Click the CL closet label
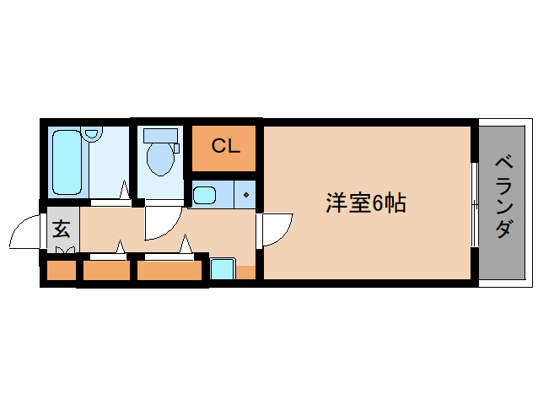pos(225,145)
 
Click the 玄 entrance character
pos(62,228)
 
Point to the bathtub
pos(66,162)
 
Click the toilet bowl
pos(159,158)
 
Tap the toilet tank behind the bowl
pos(160,135)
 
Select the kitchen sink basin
pos(205,196)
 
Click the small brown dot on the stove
pos(246,196)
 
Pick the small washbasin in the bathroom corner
pos(92,133)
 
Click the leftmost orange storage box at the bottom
pos(60,272)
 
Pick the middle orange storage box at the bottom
pos(106,272)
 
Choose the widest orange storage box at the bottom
pos(169,272)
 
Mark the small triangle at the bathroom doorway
pos(125,191)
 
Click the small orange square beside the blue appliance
pos(245,272)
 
